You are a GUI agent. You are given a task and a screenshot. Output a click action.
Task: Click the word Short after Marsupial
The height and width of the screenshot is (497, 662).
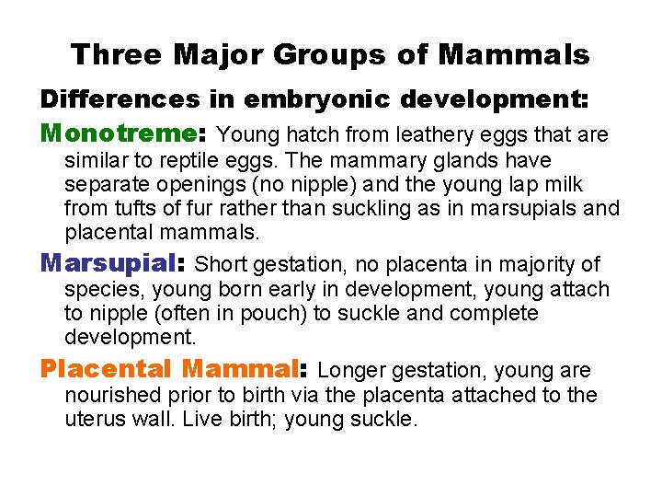[x=222, y=265]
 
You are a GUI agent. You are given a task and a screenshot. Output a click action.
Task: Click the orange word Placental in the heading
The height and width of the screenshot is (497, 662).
[x=106, y=370]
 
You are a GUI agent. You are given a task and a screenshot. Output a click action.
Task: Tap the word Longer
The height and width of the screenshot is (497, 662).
[x=353, y=371]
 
